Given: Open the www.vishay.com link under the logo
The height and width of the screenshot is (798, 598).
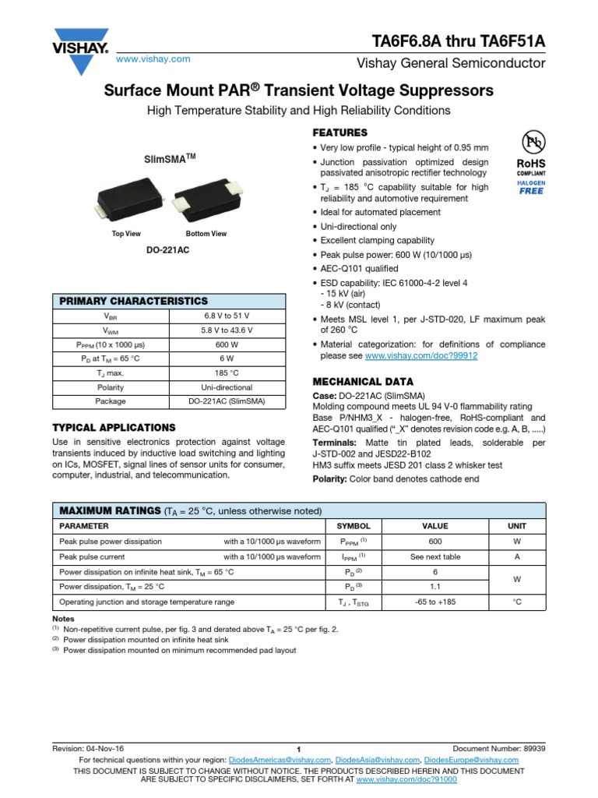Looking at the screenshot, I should coord(153,59).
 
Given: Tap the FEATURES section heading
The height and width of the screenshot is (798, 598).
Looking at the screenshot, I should coord(339,132).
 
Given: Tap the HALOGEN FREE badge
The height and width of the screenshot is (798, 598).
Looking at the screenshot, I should coord(532,186).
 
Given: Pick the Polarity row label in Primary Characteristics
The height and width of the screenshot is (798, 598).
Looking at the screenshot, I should coord(111,387).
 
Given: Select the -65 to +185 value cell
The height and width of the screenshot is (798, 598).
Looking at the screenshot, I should coord(436,602).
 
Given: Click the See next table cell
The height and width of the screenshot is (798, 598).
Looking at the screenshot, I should coord(436,556).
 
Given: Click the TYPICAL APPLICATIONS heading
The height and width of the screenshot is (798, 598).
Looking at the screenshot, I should coord(114,428).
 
